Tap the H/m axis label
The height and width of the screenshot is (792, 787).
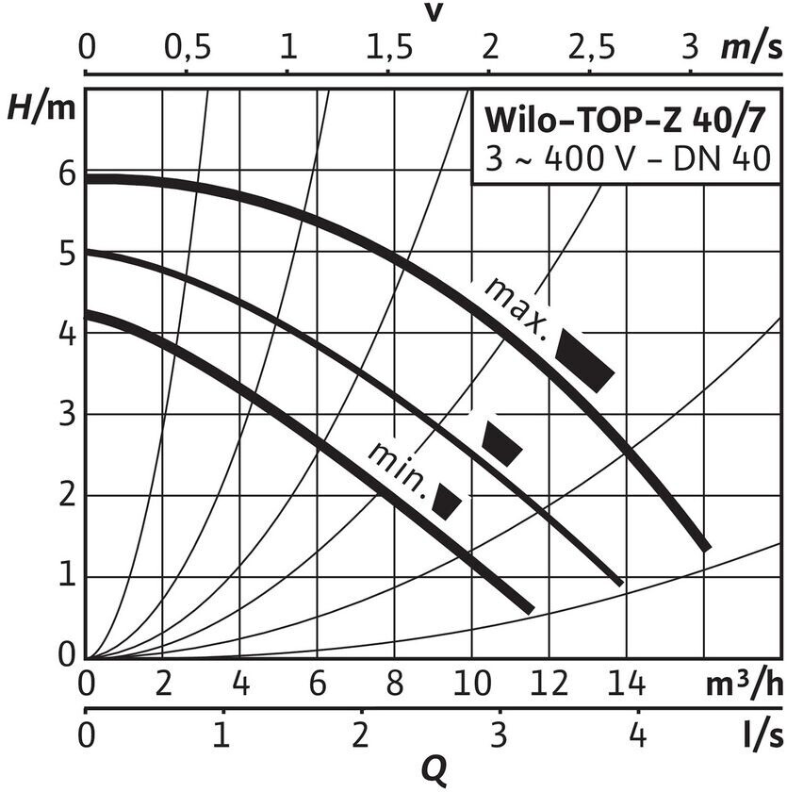click(40, 108)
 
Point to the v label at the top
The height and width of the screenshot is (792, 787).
click(434, 13)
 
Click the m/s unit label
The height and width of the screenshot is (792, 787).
click(750, 47)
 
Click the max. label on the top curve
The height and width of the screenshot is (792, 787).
click(516, 307)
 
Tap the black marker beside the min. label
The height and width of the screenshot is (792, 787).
click(447, 503)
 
